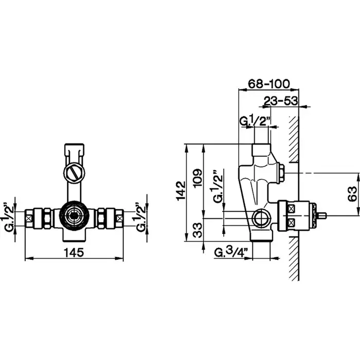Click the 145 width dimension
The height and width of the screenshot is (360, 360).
pos(74,253)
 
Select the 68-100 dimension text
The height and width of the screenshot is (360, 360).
pos(269,84)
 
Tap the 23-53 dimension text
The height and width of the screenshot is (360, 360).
pos(281,101)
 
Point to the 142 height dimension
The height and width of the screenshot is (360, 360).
pos(181,191)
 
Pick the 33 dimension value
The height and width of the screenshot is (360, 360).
pos(197,230)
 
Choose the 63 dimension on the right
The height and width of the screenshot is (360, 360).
pos(352,194)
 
